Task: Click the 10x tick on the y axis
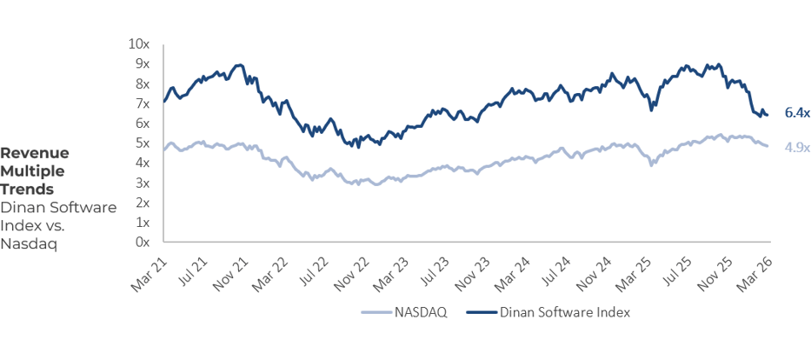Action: (139, 43)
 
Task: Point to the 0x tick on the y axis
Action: (143, 243)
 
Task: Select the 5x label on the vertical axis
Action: (143, 143)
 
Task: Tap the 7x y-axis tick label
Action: (143, 103)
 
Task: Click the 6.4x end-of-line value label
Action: (796, 113)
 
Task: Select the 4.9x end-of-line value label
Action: (796, 147)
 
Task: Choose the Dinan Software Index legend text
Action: (564, 311)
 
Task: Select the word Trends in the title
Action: (27, 189)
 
